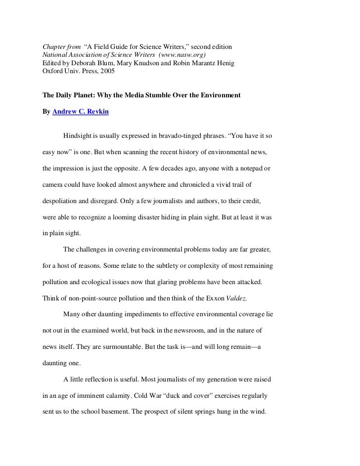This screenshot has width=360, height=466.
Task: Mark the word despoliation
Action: [63, 201]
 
